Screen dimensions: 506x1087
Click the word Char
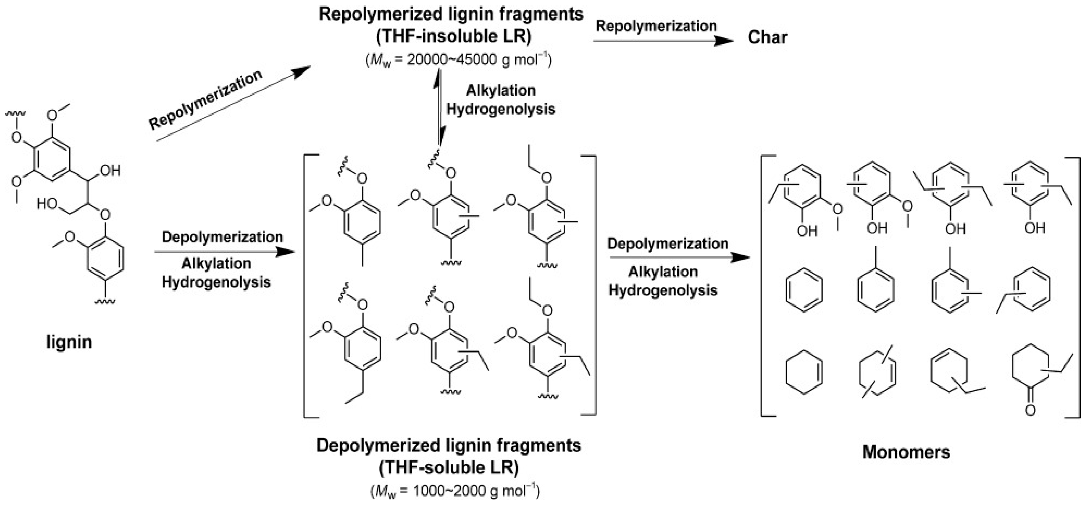[x=767, y=37]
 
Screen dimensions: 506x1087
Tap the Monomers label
[x=906, y=452]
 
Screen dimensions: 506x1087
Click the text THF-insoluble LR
[x=454, y=36]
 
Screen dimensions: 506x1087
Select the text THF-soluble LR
[x=449, y=468]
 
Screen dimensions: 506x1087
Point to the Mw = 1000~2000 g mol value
[x=455, y=491]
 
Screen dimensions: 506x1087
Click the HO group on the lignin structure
[x=46, y=204]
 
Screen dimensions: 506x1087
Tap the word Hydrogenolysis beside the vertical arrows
[x=501, y=109]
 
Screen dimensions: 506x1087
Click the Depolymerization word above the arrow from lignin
[x=222, y=237]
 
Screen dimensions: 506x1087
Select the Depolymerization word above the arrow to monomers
[x=668, y=244]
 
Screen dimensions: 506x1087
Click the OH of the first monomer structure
[x=807, y=231]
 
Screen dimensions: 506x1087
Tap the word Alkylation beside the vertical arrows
[x=501, y=90]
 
